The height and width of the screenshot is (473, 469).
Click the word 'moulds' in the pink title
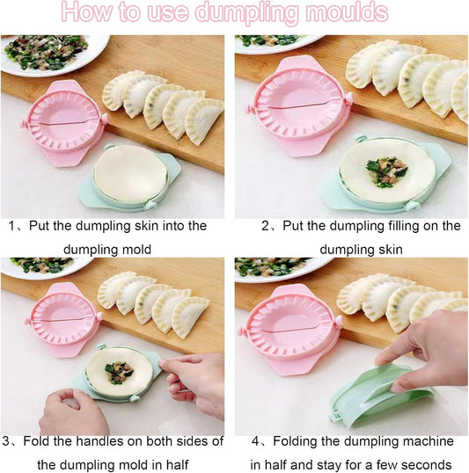coord(338,13)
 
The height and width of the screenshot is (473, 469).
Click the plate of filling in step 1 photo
coord(48,51)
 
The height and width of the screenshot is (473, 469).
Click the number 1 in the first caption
coord(12,226)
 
